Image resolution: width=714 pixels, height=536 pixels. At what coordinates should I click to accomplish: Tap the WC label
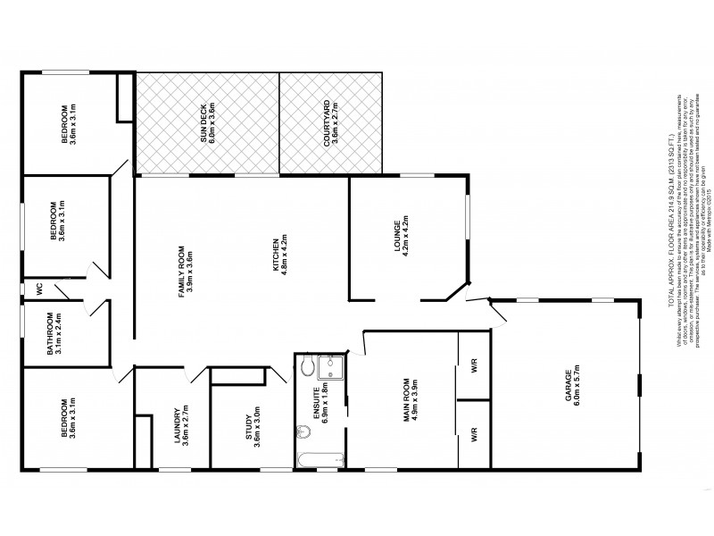coord(40,290)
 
